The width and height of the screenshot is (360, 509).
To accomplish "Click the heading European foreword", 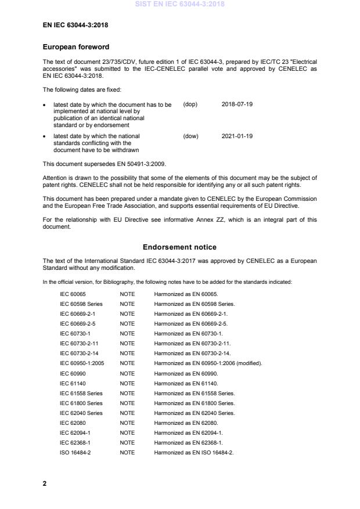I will (76, 46).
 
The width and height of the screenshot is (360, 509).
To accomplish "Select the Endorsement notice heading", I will (180, 247).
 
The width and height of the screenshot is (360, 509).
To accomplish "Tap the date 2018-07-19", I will (237, 104).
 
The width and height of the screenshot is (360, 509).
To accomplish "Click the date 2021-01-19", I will (237, 136).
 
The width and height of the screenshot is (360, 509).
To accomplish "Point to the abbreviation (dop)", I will (190, 104).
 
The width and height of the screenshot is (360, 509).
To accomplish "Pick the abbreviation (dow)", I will (190, 136).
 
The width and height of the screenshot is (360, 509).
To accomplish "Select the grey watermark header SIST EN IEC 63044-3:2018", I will (179, 5).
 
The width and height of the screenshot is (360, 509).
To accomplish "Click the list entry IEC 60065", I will (73, 294).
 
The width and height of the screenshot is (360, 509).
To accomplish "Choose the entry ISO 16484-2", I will (75, 453).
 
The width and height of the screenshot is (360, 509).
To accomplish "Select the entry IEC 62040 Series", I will (81, 413).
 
